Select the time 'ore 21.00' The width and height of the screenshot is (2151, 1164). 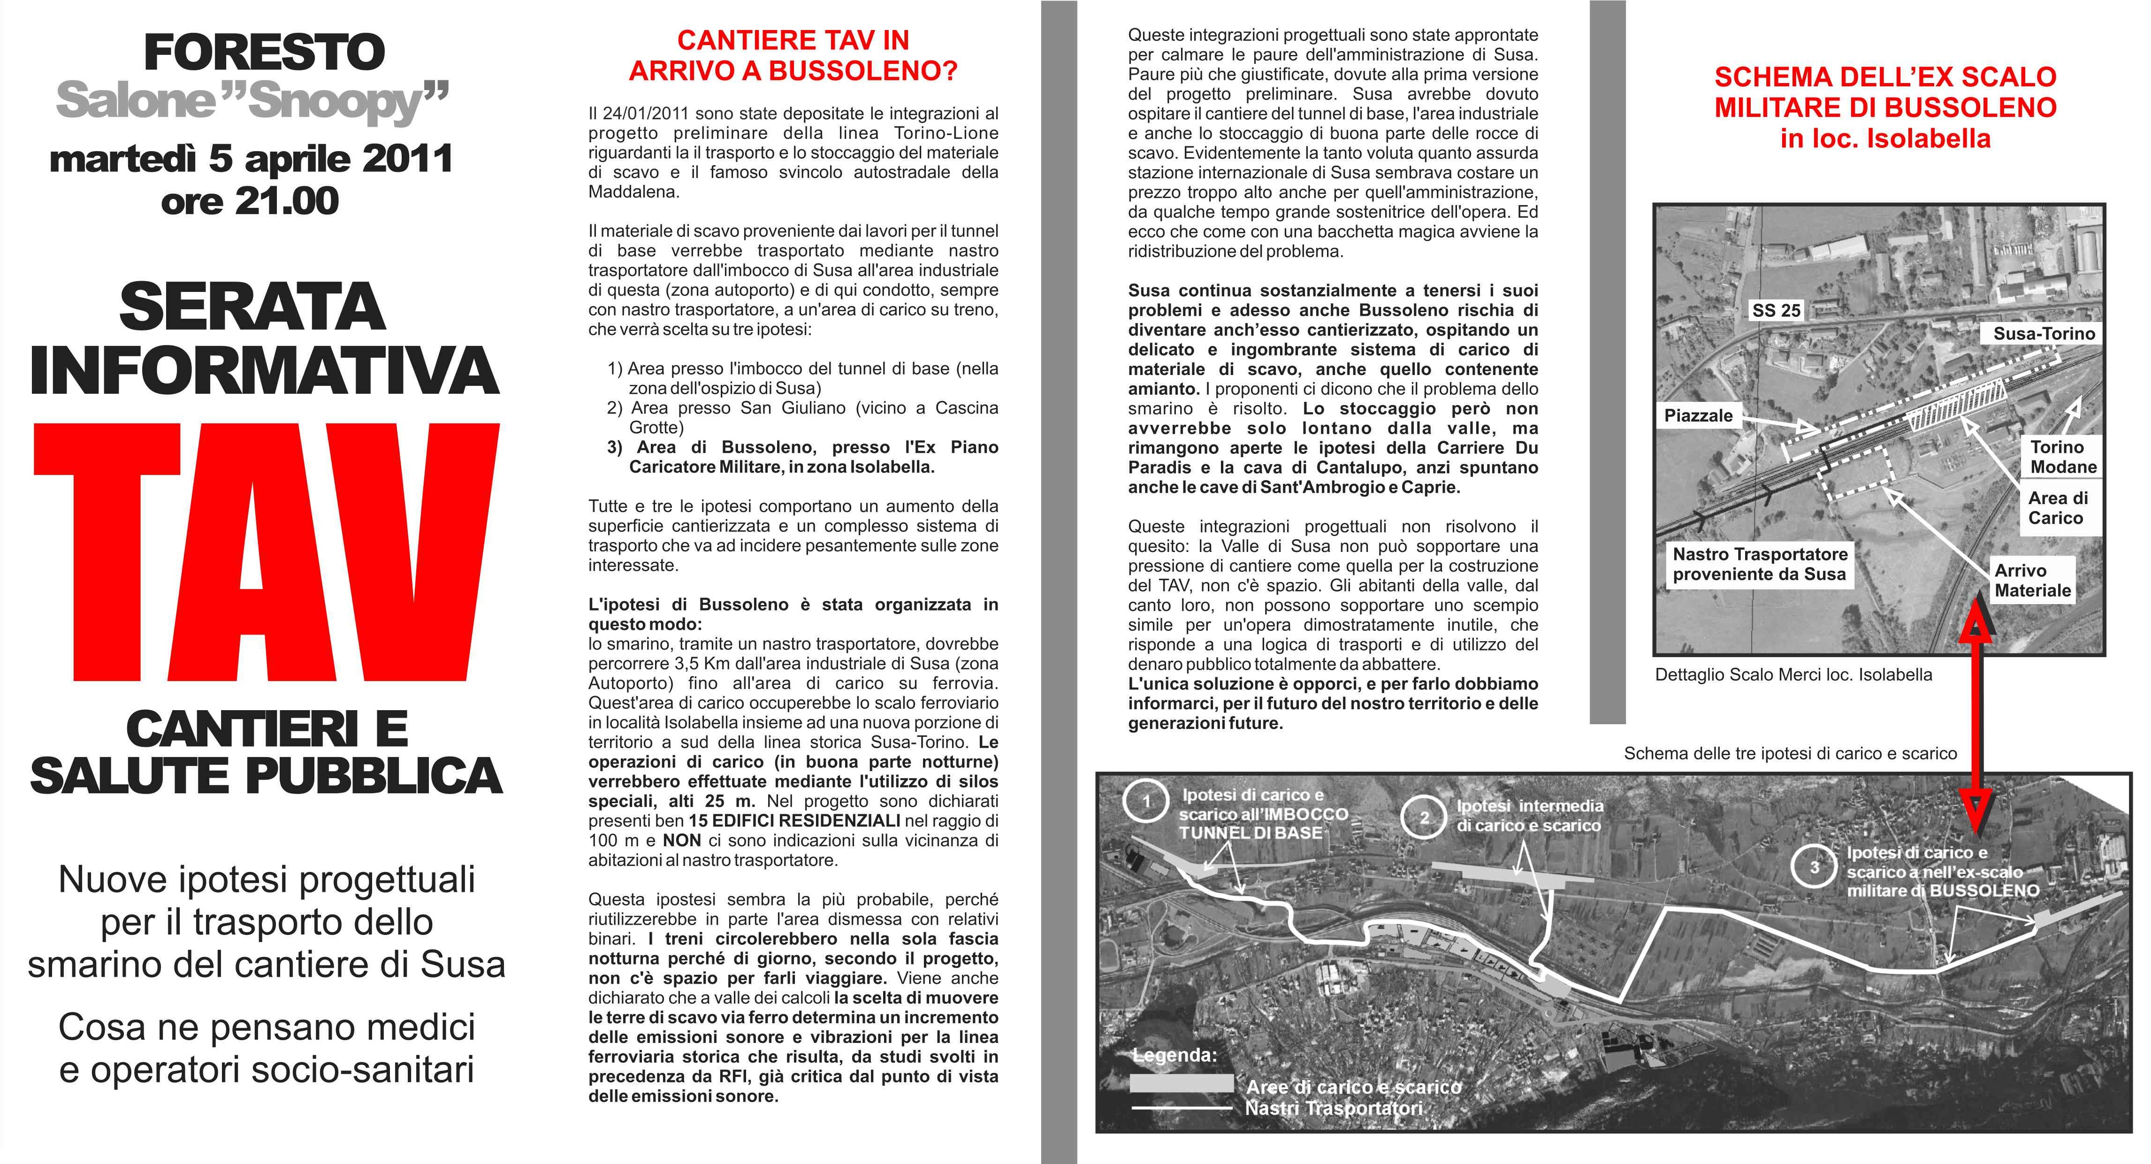[251, 201]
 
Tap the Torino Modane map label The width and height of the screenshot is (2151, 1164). [2062, 457]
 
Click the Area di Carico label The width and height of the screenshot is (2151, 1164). [2058, 508]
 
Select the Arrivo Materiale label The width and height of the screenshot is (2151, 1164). [2032, 580]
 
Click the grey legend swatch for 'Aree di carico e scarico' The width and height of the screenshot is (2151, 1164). [1181, 1084]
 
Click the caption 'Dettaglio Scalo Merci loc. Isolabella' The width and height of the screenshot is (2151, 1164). [1793, 674]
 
